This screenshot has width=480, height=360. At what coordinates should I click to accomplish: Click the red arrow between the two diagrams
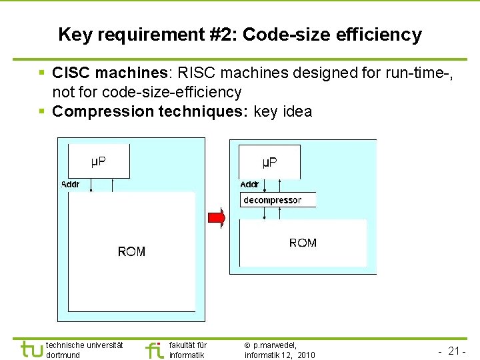[217, 217]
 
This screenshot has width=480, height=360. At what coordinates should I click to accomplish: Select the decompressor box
[277, 200]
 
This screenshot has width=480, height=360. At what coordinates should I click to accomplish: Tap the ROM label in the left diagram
[131, 251]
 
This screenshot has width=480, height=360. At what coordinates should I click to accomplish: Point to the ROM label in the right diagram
[303, 243]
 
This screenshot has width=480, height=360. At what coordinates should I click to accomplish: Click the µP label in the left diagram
[98, 161]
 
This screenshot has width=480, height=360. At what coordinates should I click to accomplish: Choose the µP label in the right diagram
[270, 162]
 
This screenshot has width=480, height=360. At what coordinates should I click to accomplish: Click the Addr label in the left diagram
[70, 183]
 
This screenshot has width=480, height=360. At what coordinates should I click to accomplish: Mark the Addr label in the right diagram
[250, 184]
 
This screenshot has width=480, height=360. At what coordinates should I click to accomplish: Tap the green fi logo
[153, 349]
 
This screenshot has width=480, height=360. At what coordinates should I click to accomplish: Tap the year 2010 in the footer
[307, 355]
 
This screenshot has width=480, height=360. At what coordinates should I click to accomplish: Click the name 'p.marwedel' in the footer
[275, 345]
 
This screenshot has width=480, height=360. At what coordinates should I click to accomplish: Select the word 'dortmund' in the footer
[63, 355]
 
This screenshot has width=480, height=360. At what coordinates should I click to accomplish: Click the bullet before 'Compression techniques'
[42, 111]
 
